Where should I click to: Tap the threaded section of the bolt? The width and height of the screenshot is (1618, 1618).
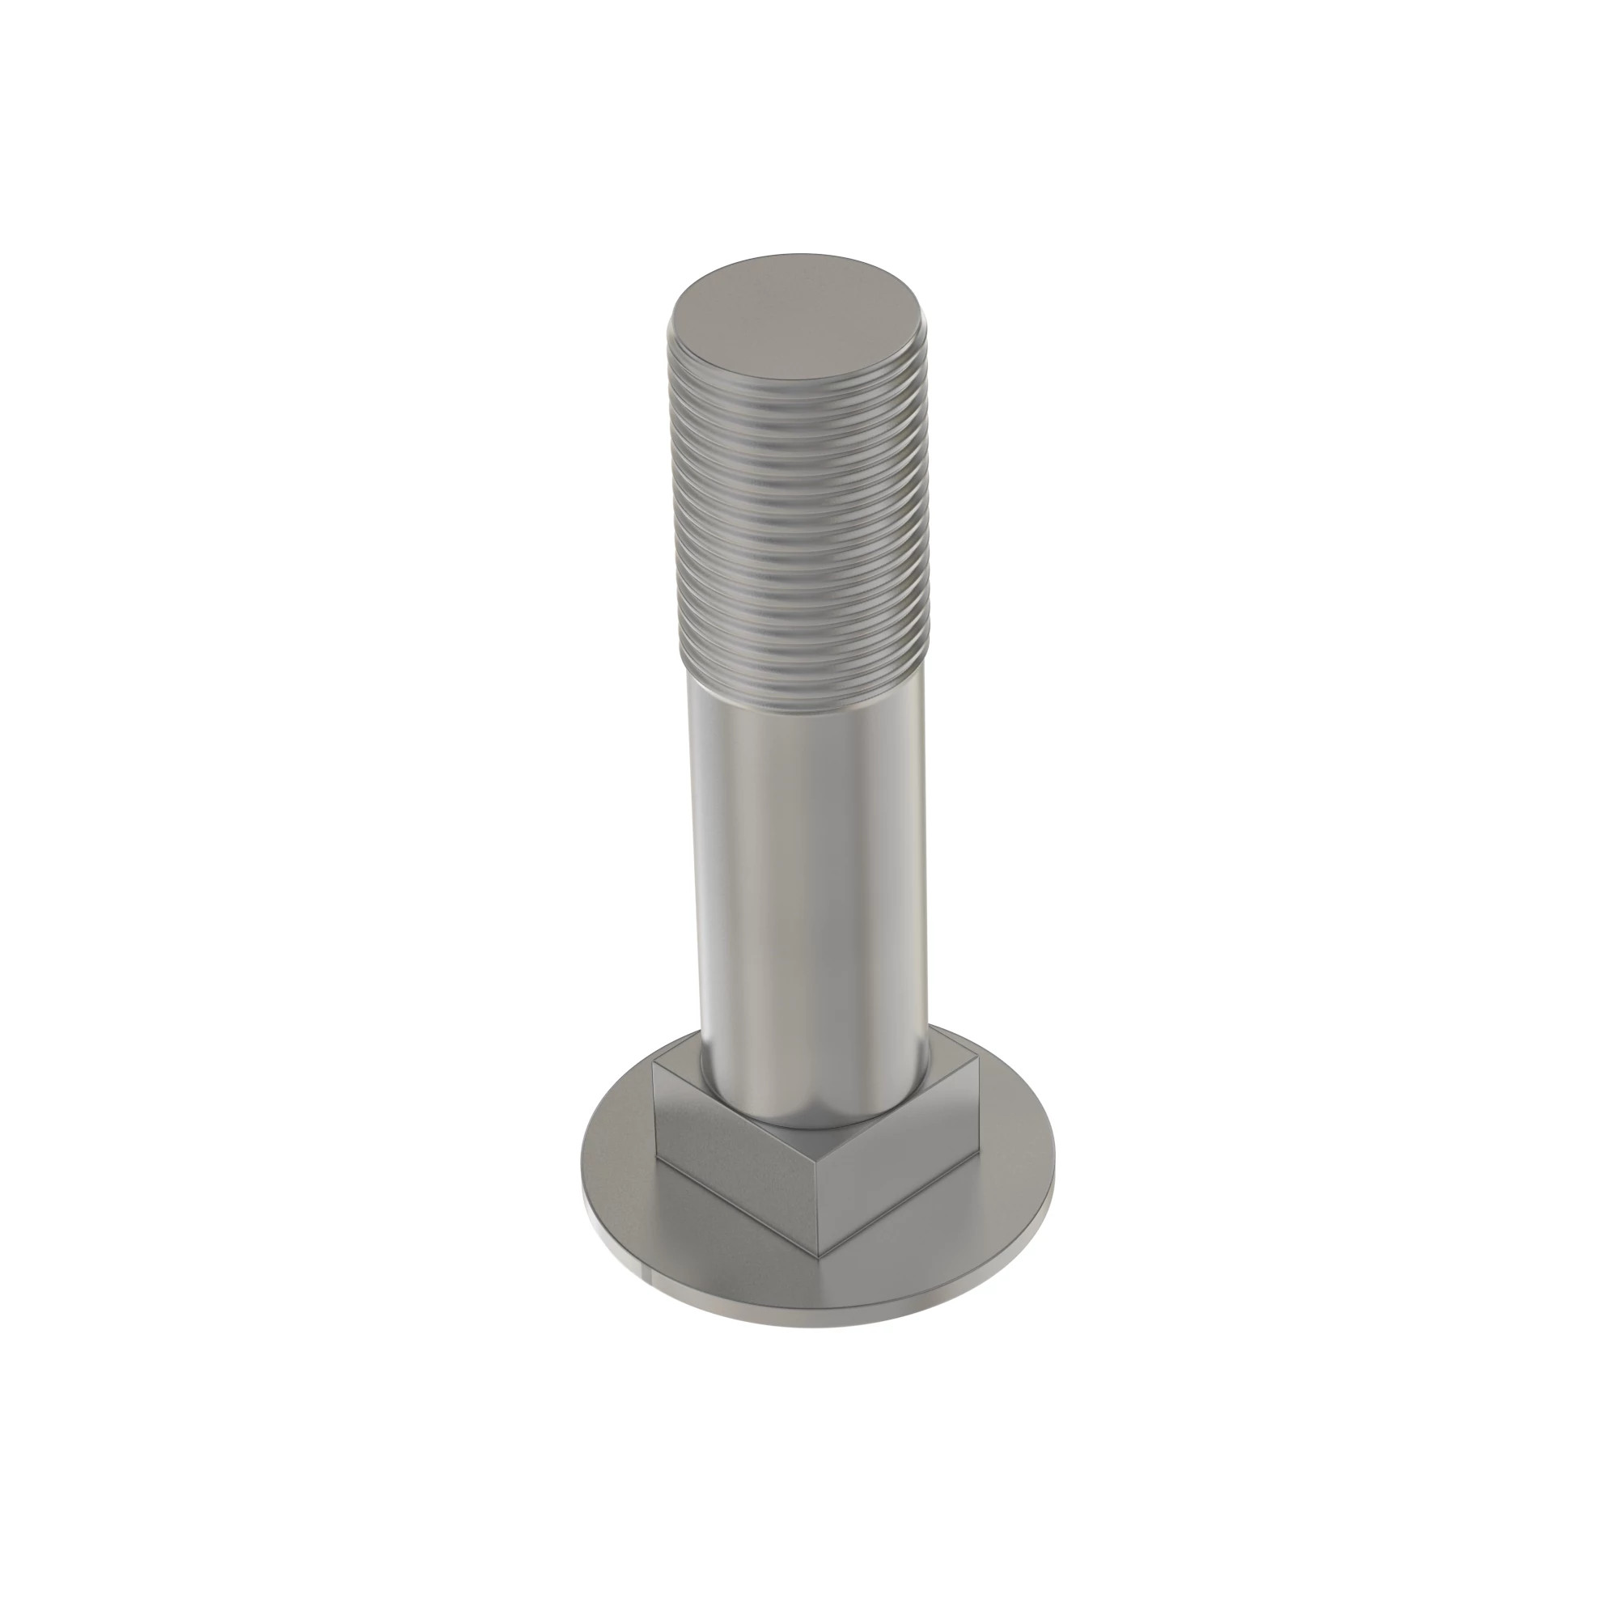click(x=800, y=536)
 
